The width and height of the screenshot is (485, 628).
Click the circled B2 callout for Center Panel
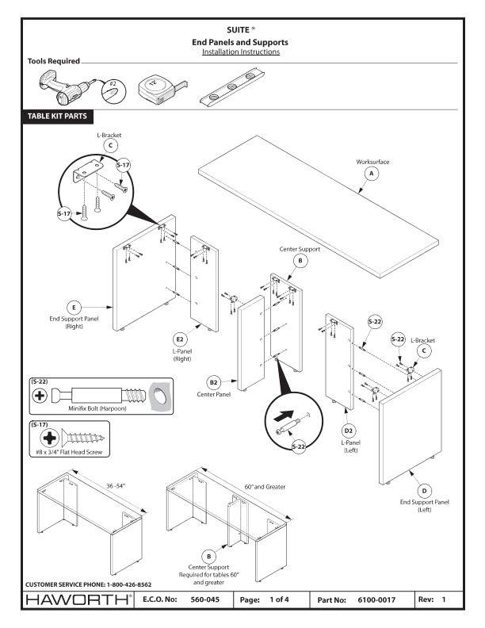213,380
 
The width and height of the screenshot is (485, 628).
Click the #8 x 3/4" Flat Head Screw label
67,453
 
